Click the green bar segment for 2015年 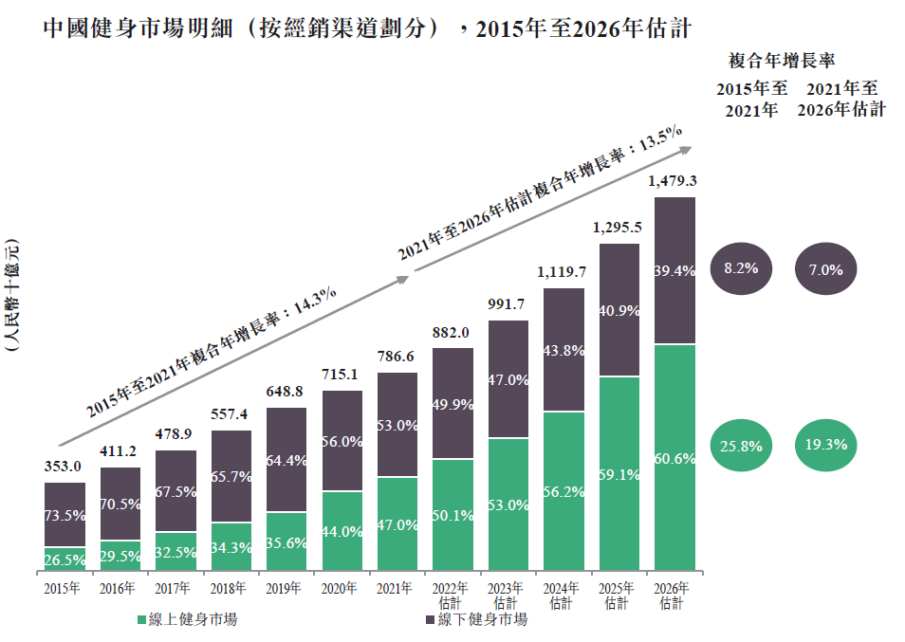[65, 559]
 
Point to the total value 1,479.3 [674, 180]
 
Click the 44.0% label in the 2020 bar [342, 532]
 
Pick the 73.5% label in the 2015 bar [65, 516]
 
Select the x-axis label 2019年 [286, 588]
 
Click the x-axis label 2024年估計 [563, 596]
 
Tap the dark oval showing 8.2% [741, 269]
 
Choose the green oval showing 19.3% [826, 444]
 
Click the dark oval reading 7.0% [826, 269]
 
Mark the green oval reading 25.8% [741, 444]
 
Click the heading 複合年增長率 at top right [781, 61]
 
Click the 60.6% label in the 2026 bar [675, 459]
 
